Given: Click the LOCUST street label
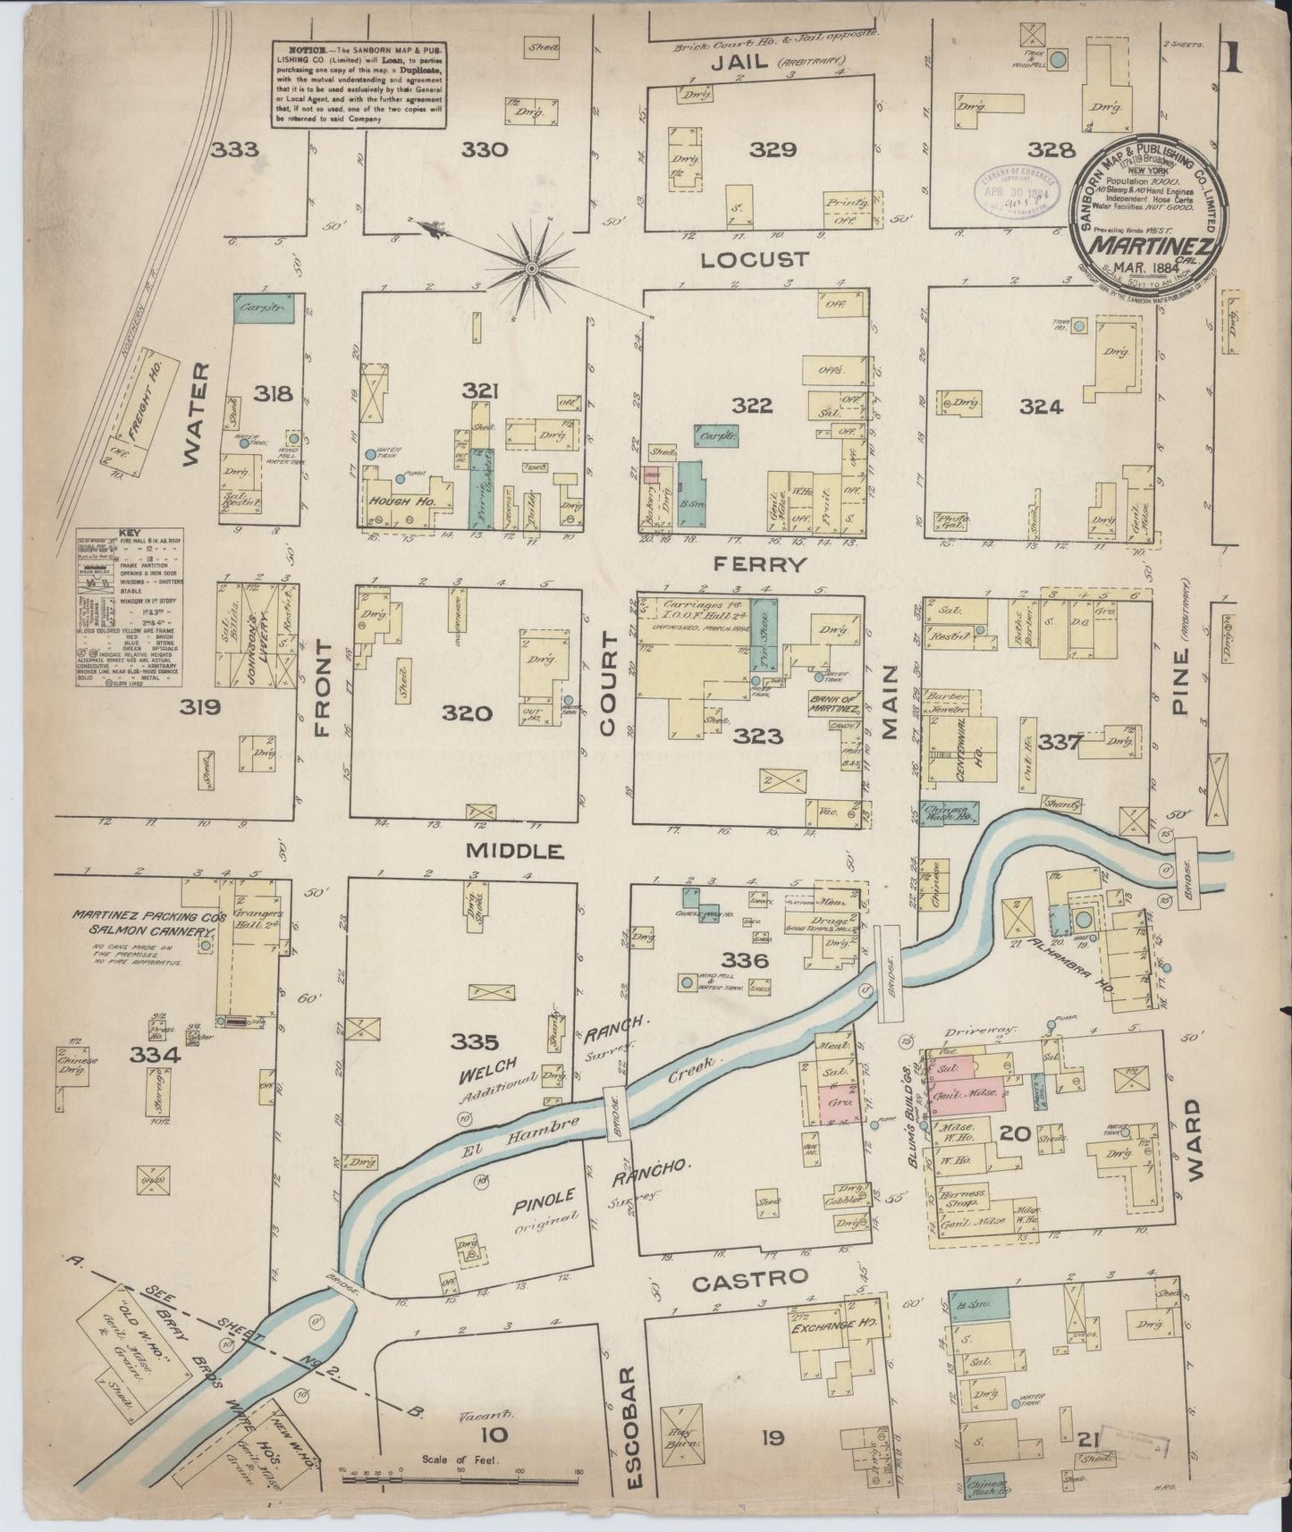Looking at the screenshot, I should [x=755, y=259].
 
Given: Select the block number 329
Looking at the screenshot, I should [x=773, y=149].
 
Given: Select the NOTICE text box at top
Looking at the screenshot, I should [x=359, y=84].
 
